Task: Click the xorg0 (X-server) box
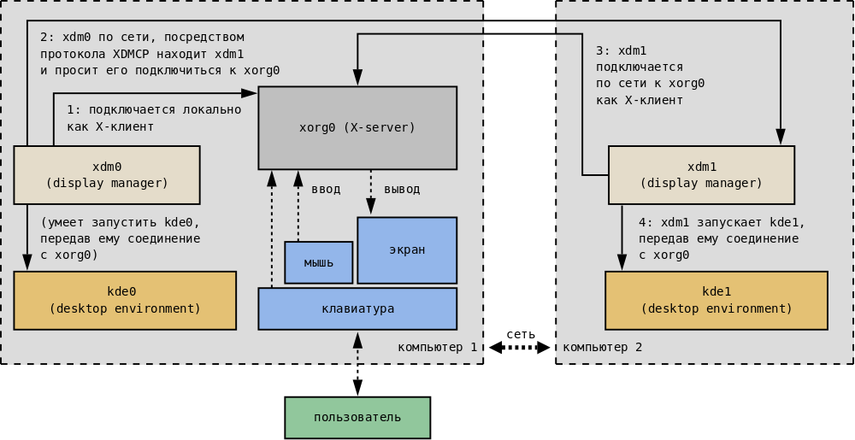(357, 127)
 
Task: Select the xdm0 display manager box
(107, 174)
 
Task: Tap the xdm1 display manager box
(701, 174)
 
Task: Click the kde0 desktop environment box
(125, 300)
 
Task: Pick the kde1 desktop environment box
(716, 300)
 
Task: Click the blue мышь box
(318, 262)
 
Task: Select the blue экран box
(407, 249)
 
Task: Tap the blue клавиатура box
(357, 308)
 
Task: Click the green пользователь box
(357, 417)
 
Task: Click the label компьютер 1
(437, 348)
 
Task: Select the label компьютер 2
(602, 348)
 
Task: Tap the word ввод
(325, 189)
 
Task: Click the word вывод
(402, 189)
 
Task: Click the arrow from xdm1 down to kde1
(622, 237)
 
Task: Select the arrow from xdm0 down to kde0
(27, 237)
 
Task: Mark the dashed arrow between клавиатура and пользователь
(357, 363)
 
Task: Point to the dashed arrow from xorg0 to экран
(371, 192)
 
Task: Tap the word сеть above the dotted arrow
(521, 333)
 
